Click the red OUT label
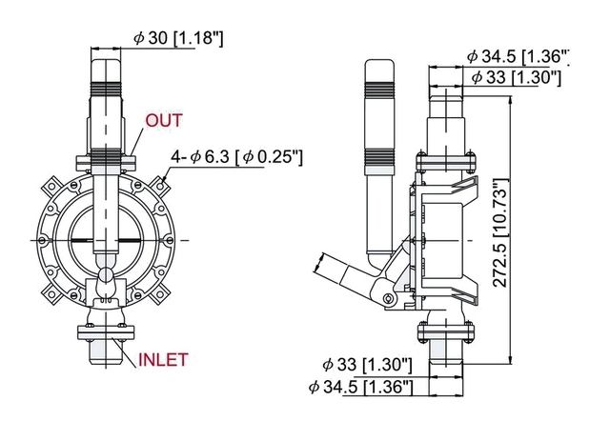(x=164, y=121)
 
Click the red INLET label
(x=163, y=360)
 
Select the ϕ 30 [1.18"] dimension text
(x=178, y=38)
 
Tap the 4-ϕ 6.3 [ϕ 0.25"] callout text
(x=237, y=157)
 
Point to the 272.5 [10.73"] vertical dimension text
(x=500, y=233)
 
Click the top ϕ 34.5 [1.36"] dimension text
(x=518, y=57)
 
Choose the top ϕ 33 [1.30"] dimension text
(x=517, y=77)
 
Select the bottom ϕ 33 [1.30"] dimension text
(x=367, y=365)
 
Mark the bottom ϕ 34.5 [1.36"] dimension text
(x=360, y=388)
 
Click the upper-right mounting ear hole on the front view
(x=160, y=187)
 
